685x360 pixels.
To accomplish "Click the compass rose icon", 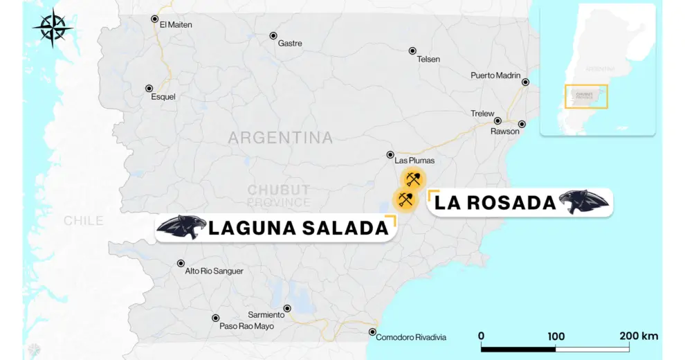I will (53, 28).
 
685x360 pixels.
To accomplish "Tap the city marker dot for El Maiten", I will (154, 19).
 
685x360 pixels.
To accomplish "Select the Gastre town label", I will (289, 44).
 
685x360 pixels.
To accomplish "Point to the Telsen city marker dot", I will (412, 51).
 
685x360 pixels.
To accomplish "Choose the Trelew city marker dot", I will (497, 120).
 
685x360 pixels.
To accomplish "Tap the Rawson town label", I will (504, 132).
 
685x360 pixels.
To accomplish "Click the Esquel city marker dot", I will (149, 88).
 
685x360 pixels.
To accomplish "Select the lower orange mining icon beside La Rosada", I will (405, 200).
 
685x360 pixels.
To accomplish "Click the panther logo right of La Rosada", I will (584, 201).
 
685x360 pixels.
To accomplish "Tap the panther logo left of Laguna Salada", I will (181, 227).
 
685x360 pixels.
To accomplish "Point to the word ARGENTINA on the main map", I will (280, 138).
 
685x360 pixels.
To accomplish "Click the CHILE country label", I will (84, 221).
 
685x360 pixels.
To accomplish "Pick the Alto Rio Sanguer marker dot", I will (181, 263).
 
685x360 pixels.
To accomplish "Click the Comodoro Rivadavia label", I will (411, 337).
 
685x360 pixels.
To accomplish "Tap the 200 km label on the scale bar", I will (639, 336).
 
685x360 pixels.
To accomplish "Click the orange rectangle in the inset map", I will (586, 96).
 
